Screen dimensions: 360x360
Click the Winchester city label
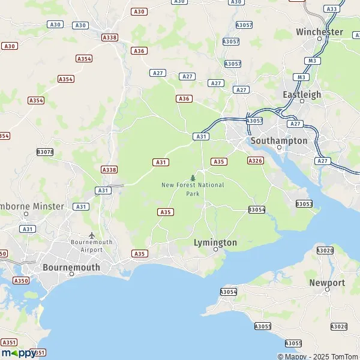coord(319,32)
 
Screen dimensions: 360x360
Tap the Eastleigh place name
coord(302,94)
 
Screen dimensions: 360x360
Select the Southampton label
coord(279,140)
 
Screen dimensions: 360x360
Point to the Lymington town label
coord(215,242)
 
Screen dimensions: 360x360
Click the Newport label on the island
coord(327,283)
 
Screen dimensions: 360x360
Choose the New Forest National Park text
coord(193,189)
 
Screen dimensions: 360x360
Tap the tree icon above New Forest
coord(193,178)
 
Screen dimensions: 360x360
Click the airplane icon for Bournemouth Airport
coord(91,235)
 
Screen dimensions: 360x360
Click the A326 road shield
coord(256,161)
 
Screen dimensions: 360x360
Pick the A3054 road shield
coord(257,209)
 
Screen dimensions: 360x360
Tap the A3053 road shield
coord(304,204)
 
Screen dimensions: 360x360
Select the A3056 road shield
coord(229,292)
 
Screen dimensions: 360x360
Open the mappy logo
coord(18,353)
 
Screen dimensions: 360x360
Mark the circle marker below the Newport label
coord(327,290)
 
